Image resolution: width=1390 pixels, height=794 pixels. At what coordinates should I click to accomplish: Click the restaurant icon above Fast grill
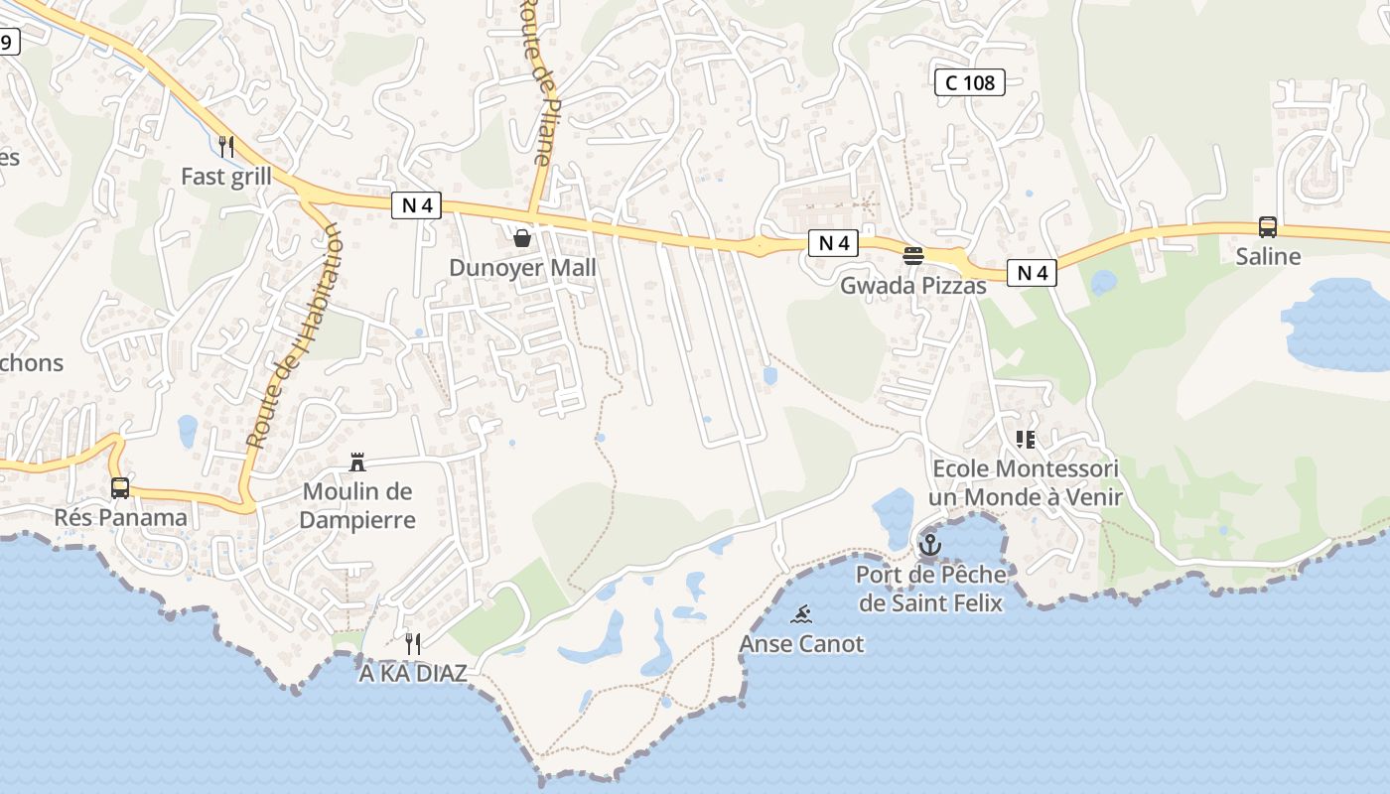pyautogui.click(x=226, y=147)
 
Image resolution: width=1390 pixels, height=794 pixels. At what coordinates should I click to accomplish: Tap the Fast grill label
pyautogui.click(x=225, y=177)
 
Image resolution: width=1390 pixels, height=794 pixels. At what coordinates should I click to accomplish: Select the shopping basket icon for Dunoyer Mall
pyautogui.click(x=522, y=237)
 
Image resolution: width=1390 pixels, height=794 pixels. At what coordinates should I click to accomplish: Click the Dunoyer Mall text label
pyautogui.click(x=523, y=267)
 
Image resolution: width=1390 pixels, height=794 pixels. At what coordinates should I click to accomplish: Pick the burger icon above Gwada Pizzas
pyautogui.click(x=913, y=256)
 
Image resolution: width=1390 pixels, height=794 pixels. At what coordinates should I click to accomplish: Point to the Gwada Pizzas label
pyautogui.click(x=913, y=286)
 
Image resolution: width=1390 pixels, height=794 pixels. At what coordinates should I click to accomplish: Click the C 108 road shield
pyautogui.click(x=970, y=82)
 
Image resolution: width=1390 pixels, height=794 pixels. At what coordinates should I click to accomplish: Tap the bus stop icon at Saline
pyautogui.click(x=1268, y=226)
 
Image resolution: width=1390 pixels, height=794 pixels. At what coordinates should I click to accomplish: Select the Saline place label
pyautogui.click(x=1268, y=256)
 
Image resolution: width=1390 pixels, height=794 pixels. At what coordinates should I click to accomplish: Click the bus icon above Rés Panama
pyautogui.click(x=120, y=487)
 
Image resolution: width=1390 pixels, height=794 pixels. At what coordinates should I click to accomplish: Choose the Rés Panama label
pyautogui.click(x=120, y=517)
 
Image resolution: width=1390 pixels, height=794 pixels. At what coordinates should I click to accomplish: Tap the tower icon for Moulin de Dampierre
pyautogui.click(x=357, y=462)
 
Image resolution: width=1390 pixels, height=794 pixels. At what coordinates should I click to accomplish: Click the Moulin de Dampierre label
pyautogui.click(x=357, y=505)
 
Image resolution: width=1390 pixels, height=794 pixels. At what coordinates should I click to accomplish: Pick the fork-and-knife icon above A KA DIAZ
pyautogui.click(x=413, y=643)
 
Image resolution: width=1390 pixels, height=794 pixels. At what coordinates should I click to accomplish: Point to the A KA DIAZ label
pyautogui.click(x=413, y=673)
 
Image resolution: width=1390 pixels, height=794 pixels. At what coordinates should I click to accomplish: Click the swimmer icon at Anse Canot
pyautogui.click(x=802, y=614)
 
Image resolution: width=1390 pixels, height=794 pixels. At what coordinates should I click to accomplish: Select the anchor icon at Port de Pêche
pyautogui.click(x=930, y=544)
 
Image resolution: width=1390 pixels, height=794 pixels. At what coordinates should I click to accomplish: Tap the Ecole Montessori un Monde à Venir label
pyautogui.click(x=1026, y=482)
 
